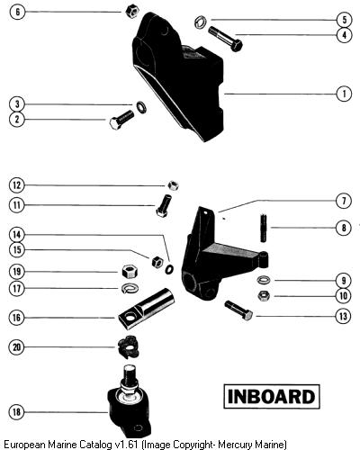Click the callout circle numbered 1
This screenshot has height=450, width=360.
tap(344, 94)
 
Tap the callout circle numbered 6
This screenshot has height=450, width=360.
tap(17, 12)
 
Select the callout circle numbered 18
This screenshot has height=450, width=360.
tap(16, 412)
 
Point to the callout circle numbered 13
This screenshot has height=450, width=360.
tap(343, 316)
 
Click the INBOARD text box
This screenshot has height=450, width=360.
tap(272, 396)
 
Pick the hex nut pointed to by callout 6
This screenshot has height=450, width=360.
tap(131, 12)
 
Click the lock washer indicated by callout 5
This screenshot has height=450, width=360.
tap(200, 22)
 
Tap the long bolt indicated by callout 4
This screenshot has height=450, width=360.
tap(225, 39)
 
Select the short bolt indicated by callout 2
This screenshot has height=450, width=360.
tap(121, 120)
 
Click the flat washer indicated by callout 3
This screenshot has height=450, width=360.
tap(141, 107)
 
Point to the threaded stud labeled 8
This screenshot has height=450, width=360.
tap(264, 228)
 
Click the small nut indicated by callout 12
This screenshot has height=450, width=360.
tap(173, 185)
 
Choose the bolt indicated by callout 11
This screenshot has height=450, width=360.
tap(164, 205)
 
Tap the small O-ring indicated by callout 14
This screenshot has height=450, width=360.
tap(169, 269)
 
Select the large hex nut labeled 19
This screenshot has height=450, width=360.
tap(130, 272)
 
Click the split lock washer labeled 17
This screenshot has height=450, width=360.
tap(130, 288)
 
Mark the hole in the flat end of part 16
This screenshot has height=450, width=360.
tap(130, 317)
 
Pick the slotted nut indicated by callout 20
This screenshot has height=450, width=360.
tap(129, 348)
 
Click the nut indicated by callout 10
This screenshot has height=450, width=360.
tap(264, 296)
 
